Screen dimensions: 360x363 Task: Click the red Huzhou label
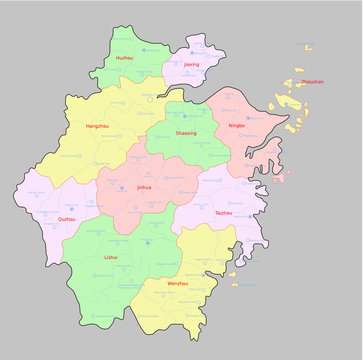click(124, 59)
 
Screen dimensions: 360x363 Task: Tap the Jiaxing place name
click(192, 64)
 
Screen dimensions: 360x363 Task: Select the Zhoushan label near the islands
click(313, 82)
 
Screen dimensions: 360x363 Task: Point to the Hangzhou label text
click(98, 127)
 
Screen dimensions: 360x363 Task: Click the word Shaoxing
click(187, 133)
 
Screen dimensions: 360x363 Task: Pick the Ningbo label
click(236, 126)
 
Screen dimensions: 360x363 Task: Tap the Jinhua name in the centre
click(145, 187)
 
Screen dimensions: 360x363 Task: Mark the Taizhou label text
click(223, 213)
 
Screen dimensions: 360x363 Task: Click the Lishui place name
click(111, 257)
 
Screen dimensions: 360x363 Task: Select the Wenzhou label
click(176, 284)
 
